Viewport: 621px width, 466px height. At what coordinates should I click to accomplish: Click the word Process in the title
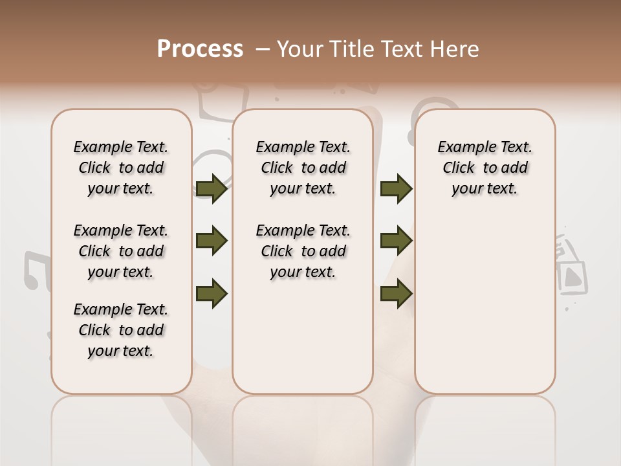pyautogui.click(x=200, y=49)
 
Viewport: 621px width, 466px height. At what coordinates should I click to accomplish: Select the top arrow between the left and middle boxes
pyautogui.click(x=212, y=189)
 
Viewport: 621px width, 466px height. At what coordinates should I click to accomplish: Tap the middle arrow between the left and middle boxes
pyautogui.click(x=212, y=241)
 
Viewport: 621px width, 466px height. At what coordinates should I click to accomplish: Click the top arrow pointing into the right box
pyautogui.click(x=396, y=189)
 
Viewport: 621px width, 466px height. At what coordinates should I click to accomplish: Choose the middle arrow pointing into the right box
pyautogui.click(x=396, y=241)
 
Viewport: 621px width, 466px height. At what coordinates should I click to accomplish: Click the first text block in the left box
pyautogui.click(x=121, y=168)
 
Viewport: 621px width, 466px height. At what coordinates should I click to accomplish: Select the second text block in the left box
pyautogui.click(x=121, y=251)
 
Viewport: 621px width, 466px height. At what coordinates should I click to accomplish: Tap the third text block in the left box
pyautogui.click(x=121, y=330)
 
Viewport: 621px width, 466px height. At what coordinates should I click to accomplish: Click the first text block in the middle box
pyautogui.click(x=303, y=168)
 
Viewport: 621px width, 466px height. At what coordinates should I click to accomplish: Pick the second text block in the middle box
pyautogui.click(x=303, y=251)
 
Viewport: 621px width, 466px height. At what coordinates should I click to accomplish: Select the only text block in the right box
pyautogui.click(x=485, y=168)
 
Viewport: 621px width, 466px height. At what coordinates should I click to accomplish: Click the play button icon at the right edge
pyautogui.click(x=572, y=277)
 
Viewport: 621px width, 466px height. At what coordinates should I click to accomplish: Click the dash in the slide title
pyautogui.click(x=263, y=49)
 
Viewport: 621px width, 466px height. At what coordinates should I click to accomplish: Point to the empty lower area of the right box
pyautogui.click(x=485, y=311)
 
